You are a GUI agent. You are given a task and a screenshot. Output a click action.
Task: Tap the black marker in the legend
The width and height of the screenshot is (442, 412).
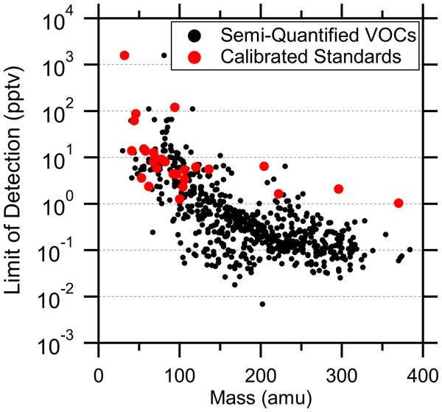194,34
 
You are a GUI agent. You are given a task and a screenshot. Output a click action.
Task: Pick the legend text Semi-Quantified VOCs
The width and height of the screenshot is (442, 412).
313,34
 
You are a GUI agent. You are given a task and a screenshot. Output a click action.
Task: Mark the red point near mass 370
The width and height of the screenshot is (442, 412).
399,203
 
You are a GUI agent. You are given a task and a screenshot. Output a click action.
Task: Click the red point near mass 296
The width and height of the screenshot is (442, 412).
339,189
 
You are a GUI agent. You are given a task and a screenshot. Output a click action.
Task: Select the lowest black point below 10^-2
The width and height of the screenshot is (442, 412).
262,304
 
